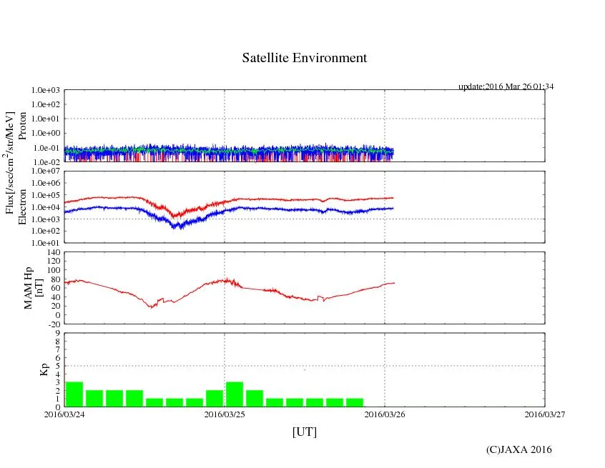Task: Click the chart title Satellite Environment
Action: [x=304, y=58]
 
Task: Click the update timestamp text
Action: [x=506, y=86]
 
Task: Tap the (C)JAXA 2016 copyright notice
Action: [x=518, y=449]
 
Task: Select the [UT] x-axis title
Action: [x=304, y=432]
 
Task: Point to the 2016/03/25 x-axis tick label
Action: [x=225, y=414]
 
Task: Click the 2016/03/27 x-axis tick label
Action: [x=544, y=414]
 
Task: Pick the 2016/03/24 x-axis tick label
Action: [x=64, y=414]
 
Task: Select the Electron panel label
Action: [x=22, y=207]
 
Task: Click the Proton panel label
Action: [x=22, y=126]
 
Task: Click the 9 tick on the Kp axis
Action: [x=58, y=333]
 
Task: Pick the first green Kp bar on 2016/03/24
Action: [x=74, y=394]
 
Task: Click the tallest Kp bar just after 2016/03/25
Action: [x=235, y=394]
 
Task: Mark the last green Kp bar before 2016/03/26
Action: [x=355, y=402]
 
